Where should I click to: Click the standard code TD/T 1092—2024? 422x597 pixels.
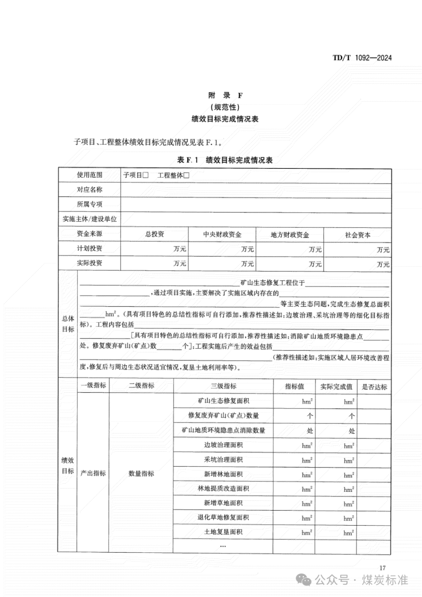coord(362,58)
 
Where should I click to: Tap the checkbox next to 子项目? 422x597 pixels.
coord(145,175)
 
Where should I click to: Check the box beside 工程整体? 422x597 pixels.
coord(186,175)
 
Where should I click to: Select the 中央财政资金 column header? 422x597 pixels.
coord(222,234)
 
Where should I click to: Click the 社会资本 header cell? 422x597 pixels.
coord(358,235)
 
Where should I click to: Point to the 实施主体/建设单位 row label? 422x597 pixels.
coord(89,219)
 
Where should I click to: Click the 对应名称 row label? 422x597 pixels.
coord(89,189)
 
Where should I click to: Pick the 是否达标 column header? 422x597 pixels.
coord(374,387)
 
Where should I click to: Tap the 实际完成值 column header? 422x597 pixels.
coord(336,387)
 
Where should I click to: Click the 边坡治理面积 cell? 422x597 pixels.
coord(223,445)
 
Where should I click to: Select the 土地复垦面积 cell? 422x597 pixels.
coord(223,532)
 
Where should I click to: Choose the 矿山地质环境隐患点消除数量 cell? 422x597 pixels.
coord(223,430)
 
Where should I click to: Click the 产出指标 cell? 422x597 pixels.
coord(93,473)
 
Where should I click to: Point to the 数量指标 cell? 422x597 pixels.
coord(141,474)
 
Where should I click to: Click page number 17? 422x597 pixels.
coord(382,568)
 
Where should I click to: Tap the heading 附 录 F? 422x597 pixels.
coord(225,95)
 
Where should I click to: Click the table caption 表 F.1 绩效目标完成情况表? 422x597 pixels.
coord(225,160)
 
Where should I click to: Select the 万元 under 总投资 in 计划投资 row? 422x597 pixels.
coord(179,249)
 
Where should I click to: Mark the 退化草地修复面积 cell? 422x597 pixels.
coord(223,517)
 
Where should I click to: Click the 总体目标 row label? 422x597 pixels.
coord(68,324)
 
